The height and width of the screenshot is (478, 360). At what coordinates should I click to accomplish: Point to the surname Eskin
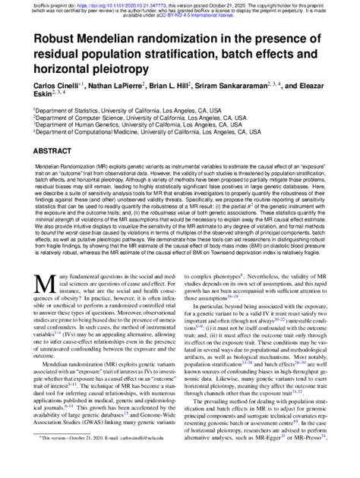click(45, 97)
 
